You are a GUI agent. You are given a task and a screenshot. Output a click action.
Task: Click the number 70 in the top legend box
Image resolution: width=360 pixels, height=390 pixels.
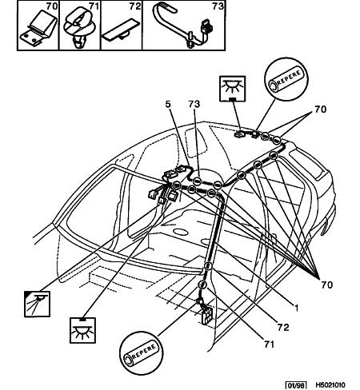coord(52,6)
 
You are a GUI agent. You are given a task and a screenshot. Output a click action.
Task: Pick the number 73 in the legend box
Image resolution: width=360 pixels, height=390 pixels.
coord(218,6)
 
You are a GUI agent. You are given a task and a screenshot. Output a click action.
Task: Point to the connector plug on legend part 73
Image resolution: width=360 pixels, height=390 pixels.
coord(206,26)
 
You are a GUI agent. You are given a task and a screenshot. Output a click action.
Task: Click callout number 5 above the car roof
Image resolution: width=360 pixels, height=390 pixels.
coord(168,104)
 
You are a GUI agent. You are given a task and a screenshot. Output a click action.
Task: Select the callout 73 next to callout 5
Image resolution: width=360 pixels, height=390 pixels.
coord(194,104)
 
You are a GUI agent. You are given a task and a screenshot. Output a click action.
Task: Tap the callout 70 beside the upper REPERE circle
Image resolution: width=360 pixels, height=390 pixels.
coord(320,109)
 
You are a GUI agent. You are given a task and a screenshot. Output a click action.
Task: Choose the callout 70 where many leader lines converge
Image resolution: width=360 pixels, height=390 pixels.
coord(327,285)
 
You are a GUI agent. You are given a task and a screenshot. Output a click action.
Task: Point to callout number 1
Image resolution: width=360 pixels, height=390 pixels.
coord(296,308)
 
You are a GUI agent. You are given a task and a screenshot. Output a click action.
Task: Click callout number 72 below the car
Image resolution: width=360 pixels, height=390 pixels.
coord(283,327)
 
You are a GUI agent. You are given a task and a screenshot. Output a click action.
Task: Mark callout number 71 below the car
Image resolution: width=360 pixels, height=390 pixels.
coord(269,344)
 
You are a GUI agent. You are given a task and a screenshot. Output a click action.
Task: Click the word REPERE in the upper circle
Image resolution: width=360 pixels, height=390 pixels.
coord(290,78)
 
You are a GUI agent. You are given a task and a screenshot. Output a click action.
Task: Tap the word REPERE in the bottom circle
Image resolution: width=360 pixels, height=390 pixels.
coord(144,352)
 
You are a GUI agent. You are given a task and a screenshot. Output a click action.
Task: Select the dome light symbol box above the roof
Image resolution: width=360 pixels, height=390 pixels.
coord(232,89)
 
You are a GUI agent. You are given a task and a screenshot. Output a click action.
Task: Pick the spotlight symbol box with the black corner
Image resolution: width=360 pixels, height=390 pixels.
coord(37,304)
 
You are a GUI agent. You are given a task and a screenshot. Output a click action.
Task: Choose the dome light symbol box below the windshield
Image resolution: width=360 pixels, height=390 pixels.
coord(82,330)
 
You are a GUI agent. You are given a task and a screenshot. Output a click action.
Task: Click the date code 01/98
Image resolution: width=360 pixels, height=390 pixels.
coord(296,385)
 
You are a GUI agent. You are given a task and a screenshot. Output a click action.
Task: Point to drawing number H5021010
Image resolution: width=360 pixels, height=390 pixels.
coord(330,385)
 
